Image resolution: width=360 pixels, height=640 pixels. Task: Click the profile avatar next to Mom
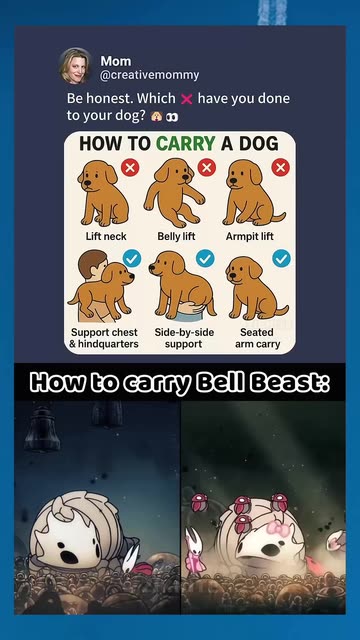click(76, 66)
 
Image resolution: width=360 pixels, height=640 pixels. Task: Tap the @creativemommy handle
click(150, 75)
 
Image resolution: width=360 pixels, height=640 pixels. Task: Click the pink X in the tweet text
click(186, 99)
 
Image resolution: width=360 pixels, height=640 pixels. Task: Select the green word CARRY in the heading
click(186, 143)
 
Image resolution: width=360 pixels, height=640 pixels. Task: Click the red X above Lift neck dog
click(130, 167)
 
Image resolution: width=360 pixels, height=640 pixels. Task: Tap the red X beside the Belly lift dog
click(207, 167)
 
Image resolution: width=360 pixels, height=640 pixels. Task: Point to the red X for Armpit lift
click(280, 167)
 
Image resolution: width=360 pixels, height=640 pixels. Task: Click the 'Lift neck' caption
click(106, 236)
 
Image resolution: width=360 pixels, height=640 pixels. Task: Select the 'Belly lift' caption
click(176, 236)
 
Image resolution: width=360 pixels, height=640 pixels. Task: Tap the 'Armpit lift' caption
click(250, 236)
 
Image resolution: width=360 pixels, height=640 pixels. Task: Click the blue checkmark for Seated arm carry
click(282, 258)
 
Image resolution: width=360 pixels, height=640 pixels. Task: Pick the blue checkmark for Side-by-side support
click(205, 258)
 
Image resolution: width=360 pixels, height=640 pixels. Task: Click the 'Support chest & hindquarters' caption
click(104, 338)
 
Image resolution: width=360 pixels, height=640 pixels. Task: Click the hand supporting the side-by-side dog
click(192, 307)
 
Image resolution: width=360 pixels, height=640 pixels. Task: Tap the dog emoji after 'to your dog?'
click(156, 117)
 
